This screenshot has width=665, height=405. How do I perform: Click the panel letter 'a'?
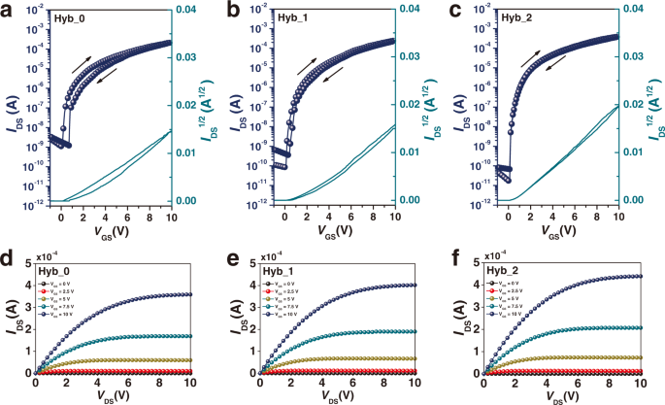(x=8, y=10)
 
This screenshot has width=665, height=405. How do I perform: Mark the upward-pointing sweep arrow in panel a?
(x=84, y=63)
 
